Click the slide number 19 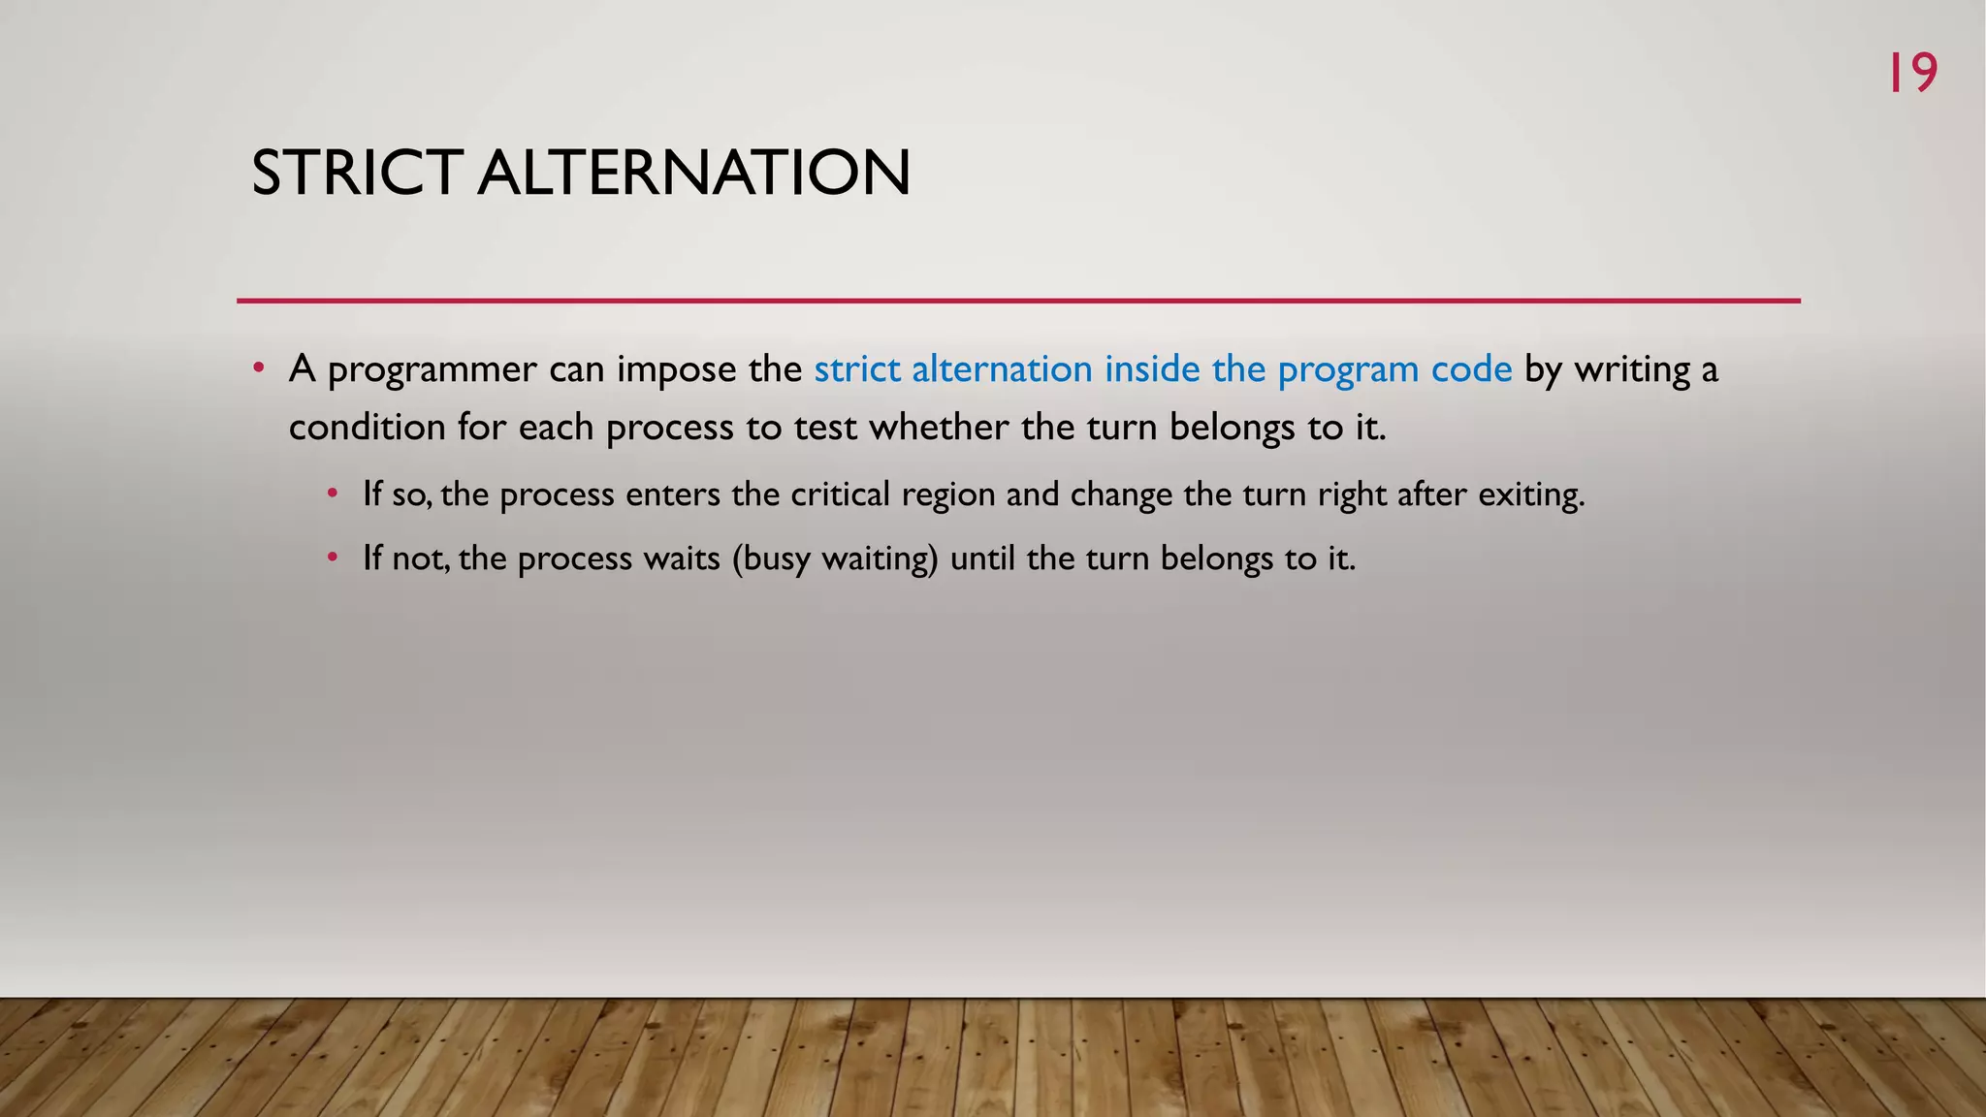1912,74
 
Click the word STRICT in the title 356,174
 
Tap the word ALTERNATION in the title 693,174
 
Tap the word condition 367,427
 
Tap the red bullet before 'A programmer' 258,368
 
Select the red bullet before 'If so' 333,494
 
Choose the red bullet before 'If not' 333,558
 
